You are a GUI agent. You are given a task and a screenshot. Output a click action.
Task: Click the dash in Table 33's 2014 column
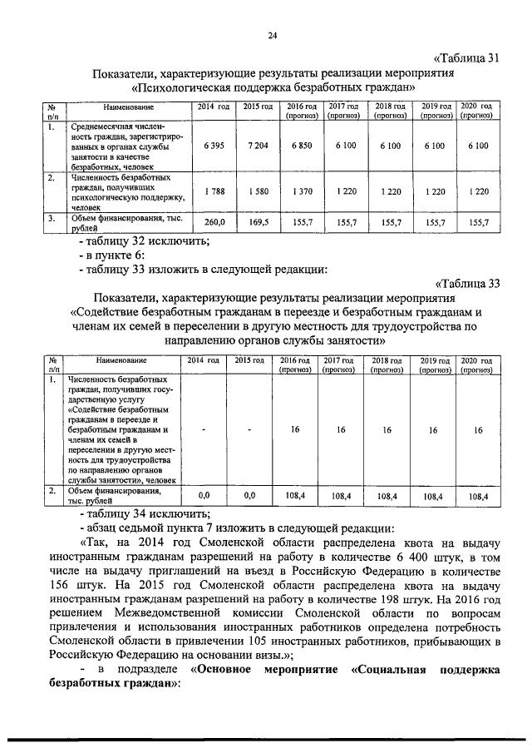pyautogui.click(x=203, y=430)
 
